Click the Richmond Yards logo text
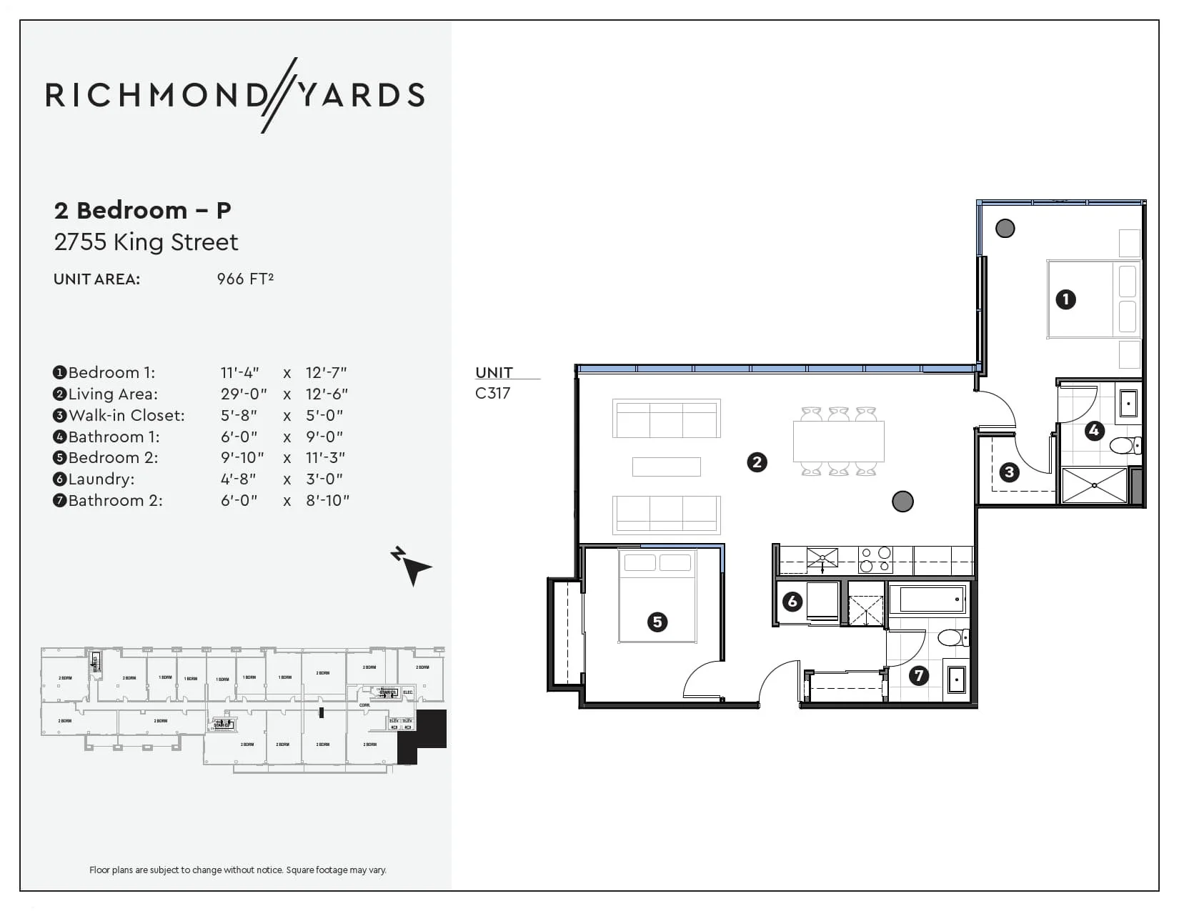click(x=235, y=95)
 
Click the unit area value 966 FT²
click(x=245, y=279)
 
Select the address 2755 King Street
click(x=146, y=242)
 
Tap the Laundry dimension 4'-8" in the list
click(x=238, y=479)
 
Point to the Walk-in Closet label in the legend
click(x=126, y=415)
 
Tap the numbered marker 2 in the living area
click(x=757, y=462)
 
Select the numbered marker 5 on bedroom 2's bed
click(x=657, y=622)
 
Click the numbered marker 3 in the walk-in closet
click(x=1009, y=472)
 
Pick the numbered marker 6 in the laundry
click(x=792, y=602)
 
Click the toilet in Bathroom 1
click(x=1124, y=446)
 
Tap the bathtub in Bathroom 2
click(x=927, y=599)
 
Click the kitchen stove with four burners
click(x=875, y=559)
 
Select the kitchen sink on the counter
click(x=822, y=558)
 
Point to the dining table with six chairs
click(x=838, y=442)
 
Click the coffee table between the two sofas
click(x=666, y=467)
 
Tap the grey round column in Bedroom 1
click(x=1005, y=229)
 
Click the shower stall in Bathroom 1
click(x=1094, y=485)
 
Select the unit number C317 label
click(x=492, y=393)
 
